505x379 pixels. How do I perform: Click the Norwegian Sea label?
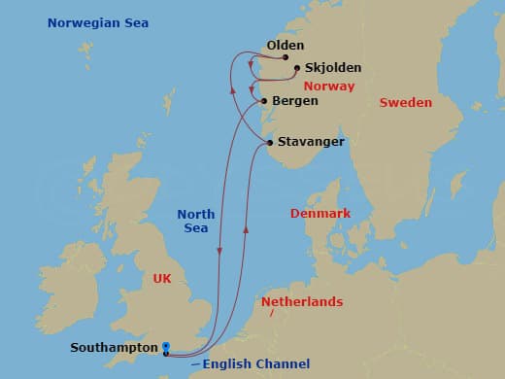pos(84,22)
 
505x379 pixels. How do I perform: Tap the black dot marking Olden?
pos(286,57)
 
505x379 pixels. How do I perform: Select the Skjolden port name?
pos(332,68)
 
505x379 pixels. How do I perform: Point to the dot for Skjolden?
pos(296,68)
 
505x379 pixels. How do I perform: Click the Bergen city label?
pos(295,100)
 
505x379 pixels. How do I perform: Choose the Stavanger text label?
pos(311,142)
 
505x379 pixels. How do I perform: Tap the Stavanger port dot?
pos(270,143)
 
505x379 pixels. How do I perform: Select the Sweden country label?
pos(405,103)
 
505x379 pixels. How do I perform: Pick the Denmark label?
pos(321,213)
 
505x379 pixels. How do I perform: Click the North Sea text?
pos(196,221)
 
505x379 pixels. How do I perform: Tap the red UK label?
pos(163,279)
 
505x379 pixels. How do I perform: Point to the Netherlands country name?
pos(300,302)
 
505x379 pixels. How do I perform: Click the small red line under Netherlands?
pos(272,315)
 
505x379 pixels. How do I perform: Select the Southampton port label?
pos(114,347)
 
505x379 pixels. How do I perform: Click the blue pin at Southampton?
pos(166,347)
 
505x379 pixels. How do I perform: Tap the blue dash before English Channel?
pos(196,363)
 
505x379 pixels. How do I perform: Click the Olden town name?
pos(285,45)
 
